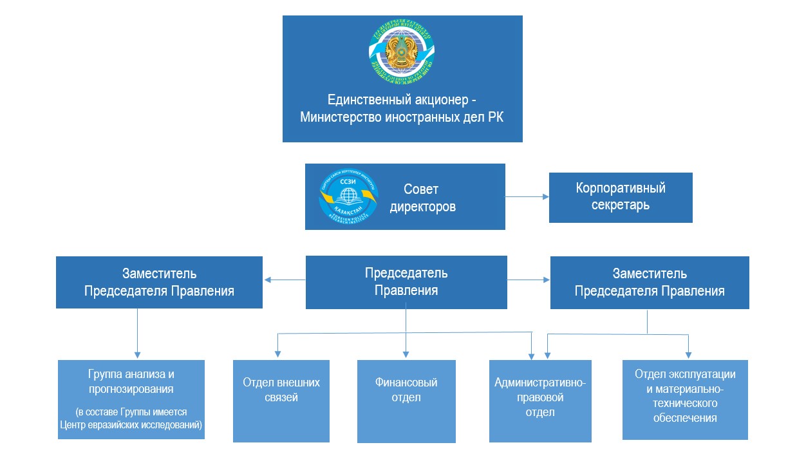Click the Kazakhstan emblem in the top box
(x=402, y=53)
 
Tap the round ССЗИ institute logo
(x=348, y=196)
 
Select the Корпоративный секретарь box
(x=620, y=197)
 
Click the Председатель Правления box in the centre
(x=406, y=281)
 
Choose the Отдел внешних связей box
(x=281, y=401)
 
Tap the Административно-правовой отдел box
(x=539, y=401)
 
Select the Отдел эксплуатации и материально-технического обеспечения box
(x=685, y=399)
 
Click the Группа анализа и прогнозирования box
(x=131, y=399)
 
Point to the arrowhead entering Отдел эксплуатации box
(x=688, y=354)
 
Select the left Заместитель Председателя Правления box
(x=159, y=282)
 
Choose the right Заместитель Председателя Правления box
(x=649, y=282)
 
